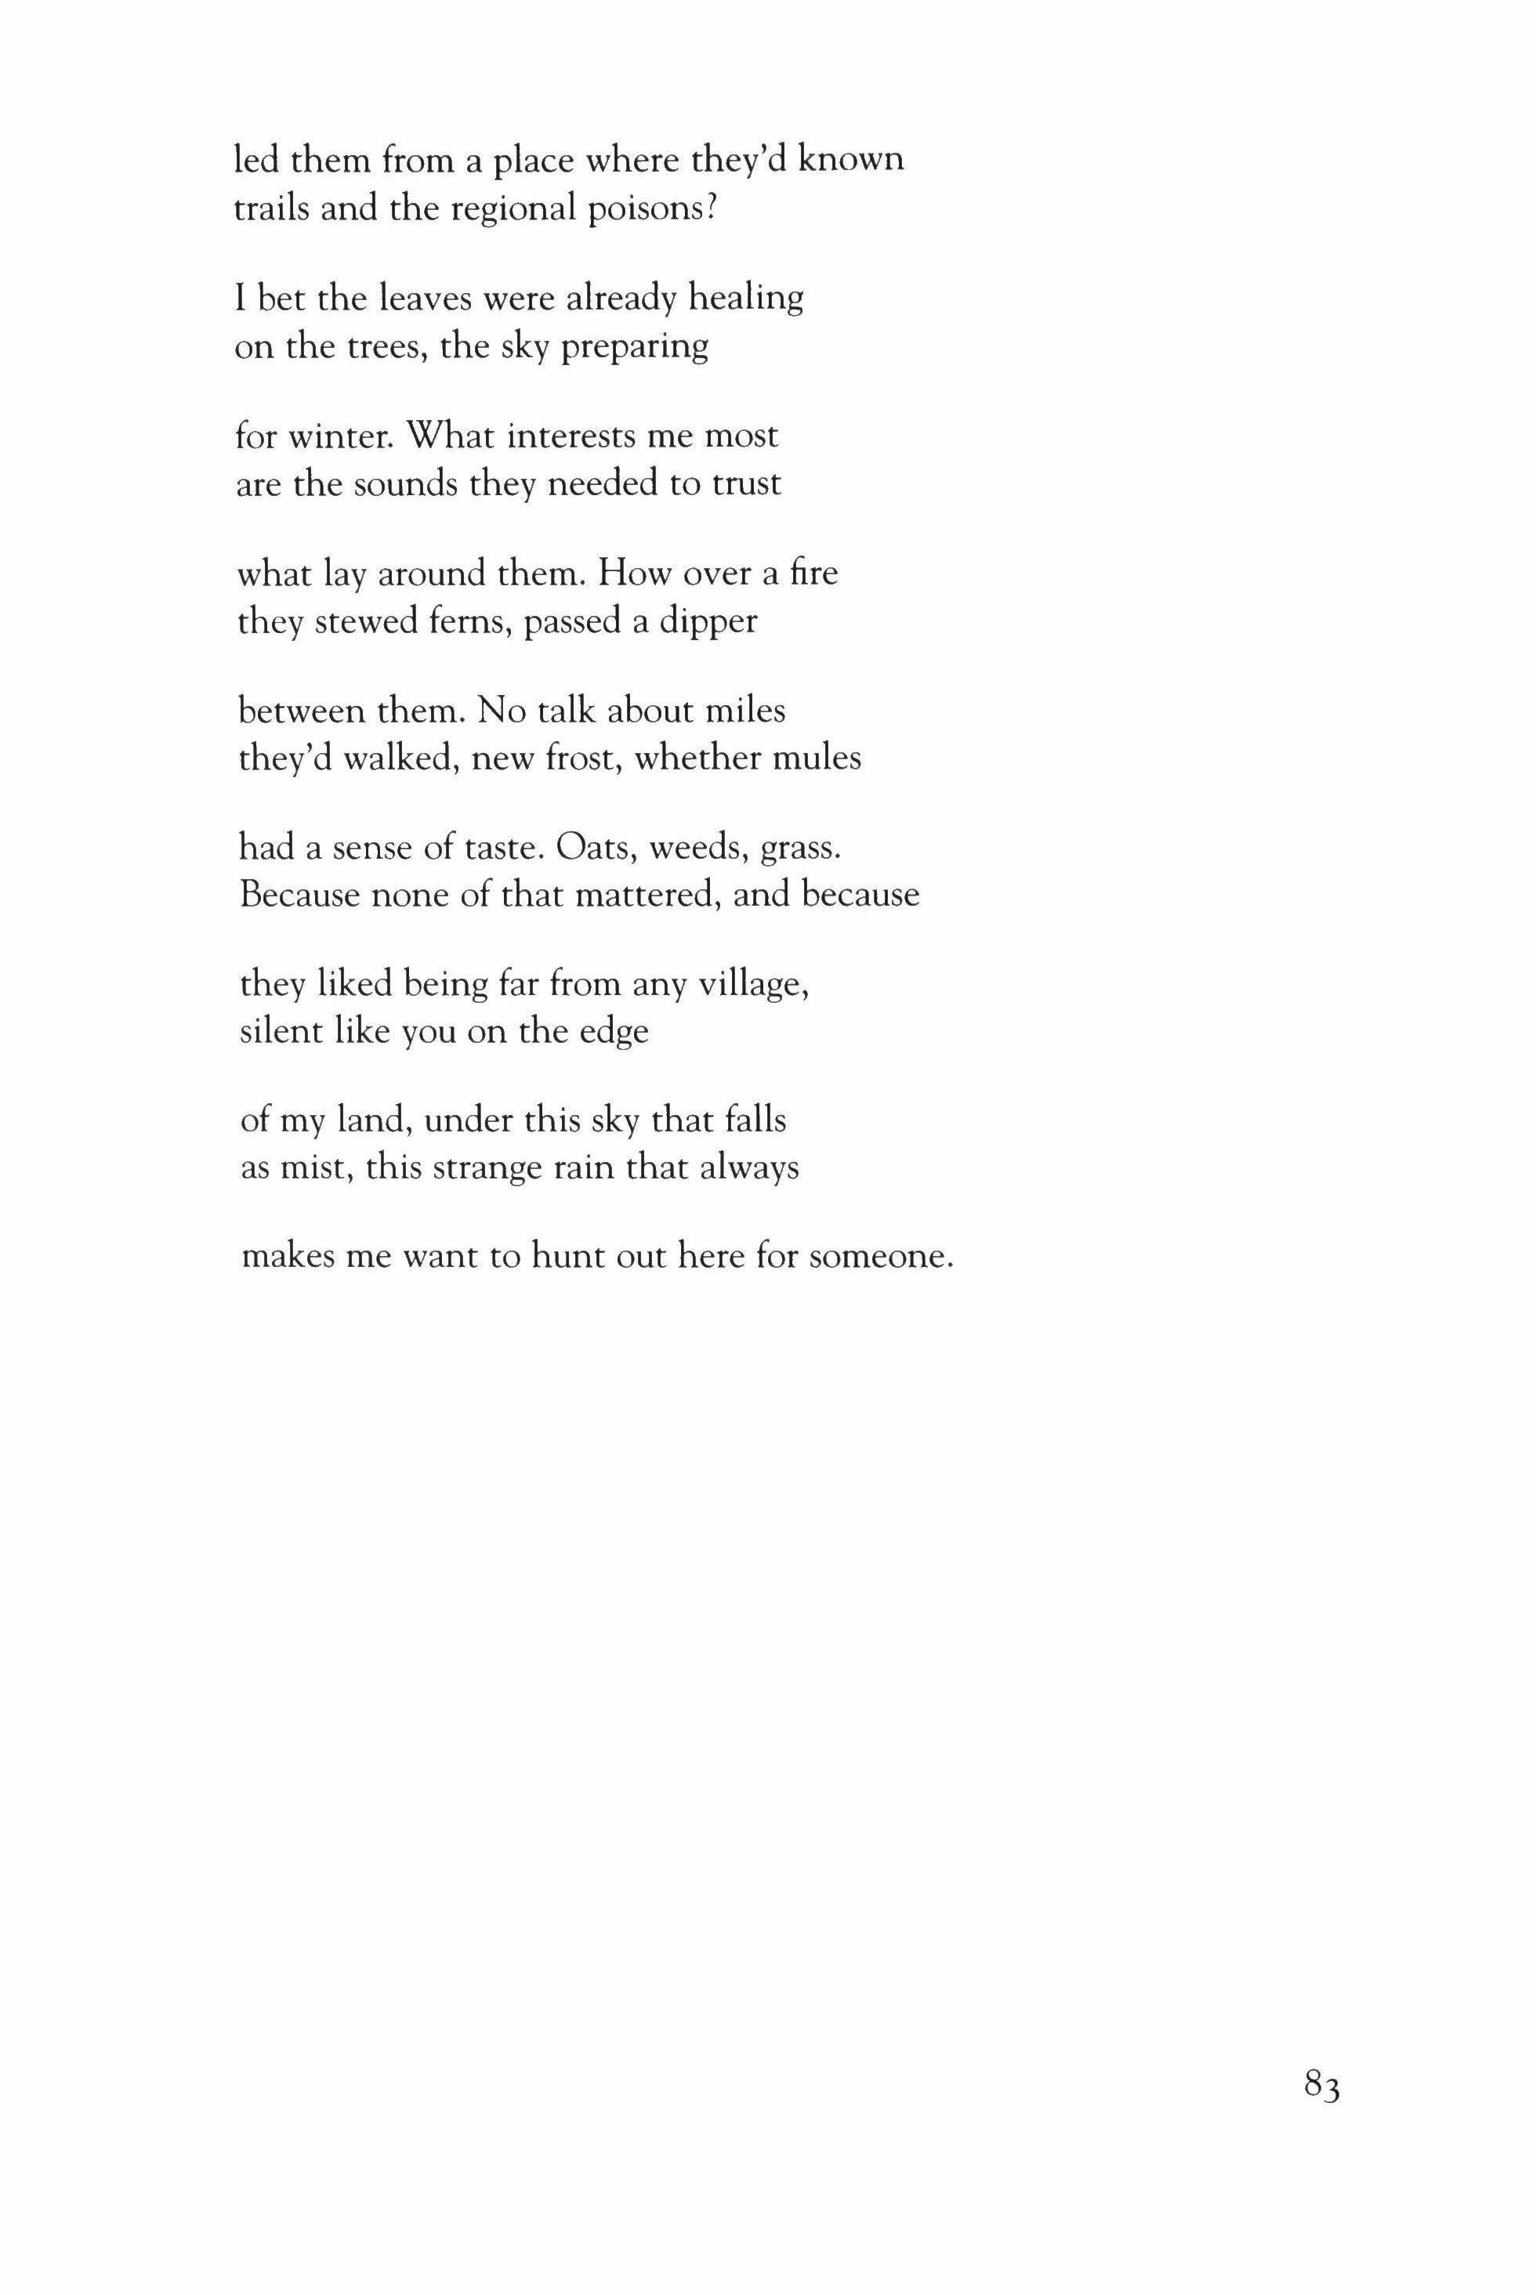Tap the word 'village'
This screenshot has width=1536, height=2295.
click(x=752, y=984)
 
